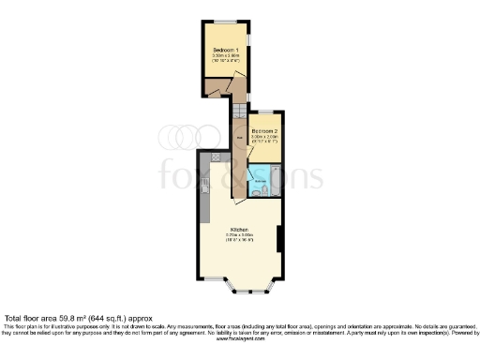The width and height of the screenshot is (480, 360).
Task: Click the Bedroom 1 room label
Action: [225, 49]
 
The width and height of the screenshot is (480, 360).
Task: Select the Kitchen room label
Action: [240, 229]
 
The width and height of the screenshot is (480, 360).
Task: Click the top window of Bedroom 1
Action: [225, 21]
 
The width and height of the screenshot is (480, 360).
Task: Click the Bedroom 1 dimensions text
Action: [225, 58]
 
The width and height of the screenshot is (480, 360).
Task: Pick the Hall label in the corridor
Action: [240, 139]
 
